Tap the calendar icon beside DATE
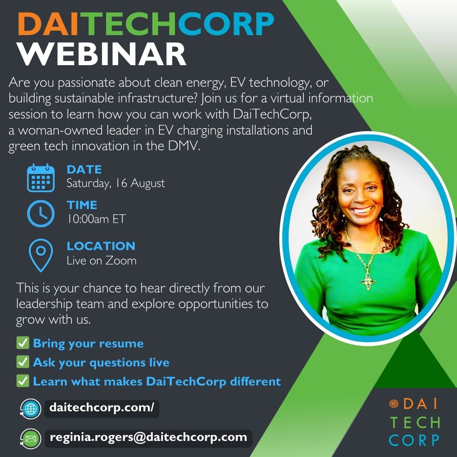(x=41, y=178)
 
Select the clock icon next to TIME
(x=41, y=213)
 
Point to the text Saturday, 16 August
(x=116, y=183)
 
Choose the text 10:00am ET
(x=96, y=219)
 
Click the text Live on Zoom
(x=102, y=260)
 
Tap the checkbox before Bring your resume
(x=22, y=343)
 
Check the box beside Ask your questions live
(x=22, y=362)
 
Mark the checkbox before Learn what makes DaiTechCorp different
(x=22, y=381)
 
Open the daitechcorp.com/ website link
(x=102, y=409)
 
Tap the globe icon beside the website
(x=31, y=409)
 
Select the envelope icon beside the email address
(x=31, y=438)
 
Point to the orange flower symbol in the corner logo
(x=394, y=403)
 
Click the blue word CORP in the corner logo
(x=414, y=440)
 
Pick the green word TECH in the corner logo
(x=415, y=422)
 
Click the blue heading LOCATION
(x=101, y=246)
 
